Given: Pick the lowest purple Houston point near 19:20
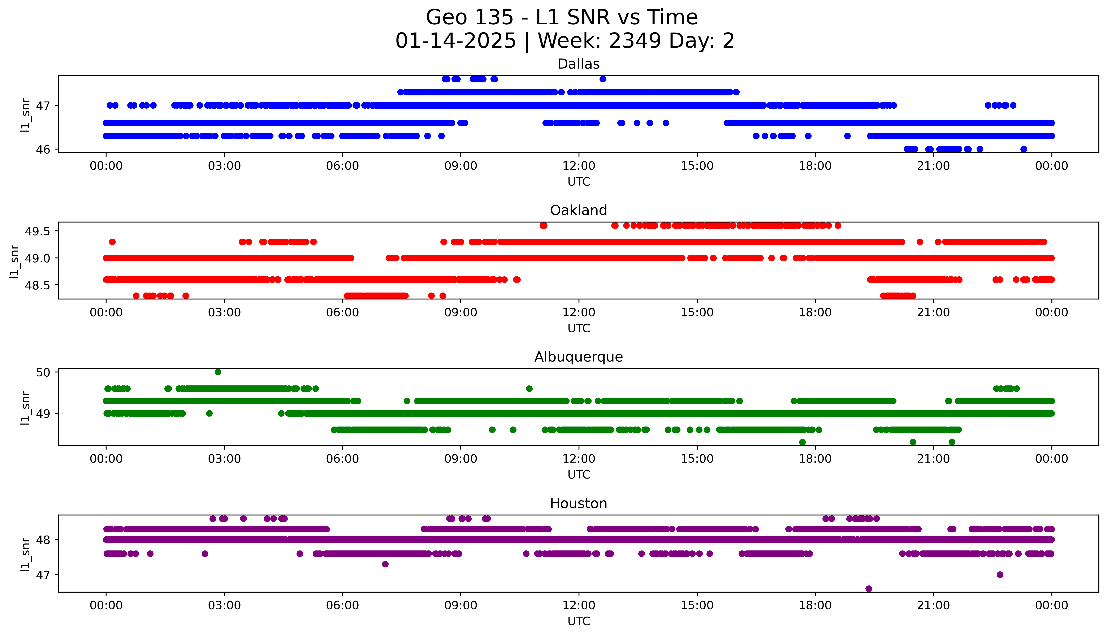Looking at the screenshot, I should [869, 588].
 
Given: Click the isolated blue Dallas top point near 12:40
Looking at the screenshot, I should [603, 79].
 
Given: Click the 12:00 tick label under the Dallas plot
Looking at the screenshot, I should [579, 166].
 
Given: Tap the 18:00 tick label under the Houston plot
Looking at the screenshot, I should [815, 605].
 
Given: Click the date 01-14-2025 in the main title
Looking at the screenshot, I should [455, 41].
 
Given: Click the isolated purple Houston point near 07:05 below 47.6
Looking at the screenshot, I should [385, 564].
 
